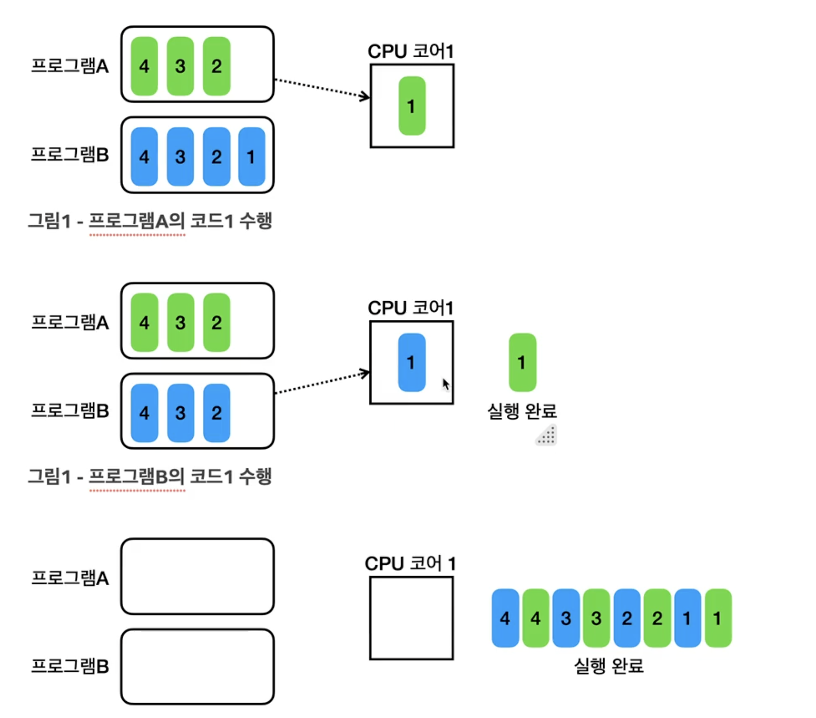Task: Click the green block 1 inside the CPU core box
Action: tap(412, 106)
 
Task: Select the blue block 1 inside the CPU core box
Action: tap(411, 362)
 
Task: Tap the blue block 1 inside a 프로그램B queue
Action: tap(251, 157)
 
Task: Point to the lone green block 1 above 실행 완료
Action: tap(522, 362)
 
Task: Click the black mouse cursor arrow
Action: tap(446, 384)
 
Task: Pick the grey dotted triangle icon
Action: tap(547, 435)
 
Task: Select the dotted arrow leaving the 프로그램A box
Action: tap(322, 89)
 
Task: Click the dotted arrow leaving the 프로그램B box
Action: tap(322, 383)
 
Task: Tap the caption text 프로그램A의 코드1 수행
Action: tap(180, 221)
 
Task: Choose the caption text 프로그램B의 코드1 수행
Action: tap(180, 476)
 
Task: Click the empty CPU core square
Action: tap(411, 618)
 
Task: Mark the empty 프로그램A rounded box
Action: tap(197, 576)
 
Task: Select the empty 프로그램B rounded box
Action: tap(197, 666)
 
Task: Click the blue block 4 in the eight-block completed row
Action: tap(505, 618)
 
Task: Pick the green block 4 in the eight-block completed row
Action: tap(535, 618)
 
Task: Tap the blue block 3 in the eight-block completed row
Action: tap(566, 618)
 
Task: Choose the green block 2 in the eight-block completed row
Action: tap(657, 618)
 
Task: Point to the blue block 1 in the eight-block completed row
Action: tap(687, 618)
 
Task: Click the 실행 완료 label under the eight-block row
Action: tap(608, 665)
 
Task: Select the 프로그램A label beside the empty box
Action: tap(70, 578)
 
